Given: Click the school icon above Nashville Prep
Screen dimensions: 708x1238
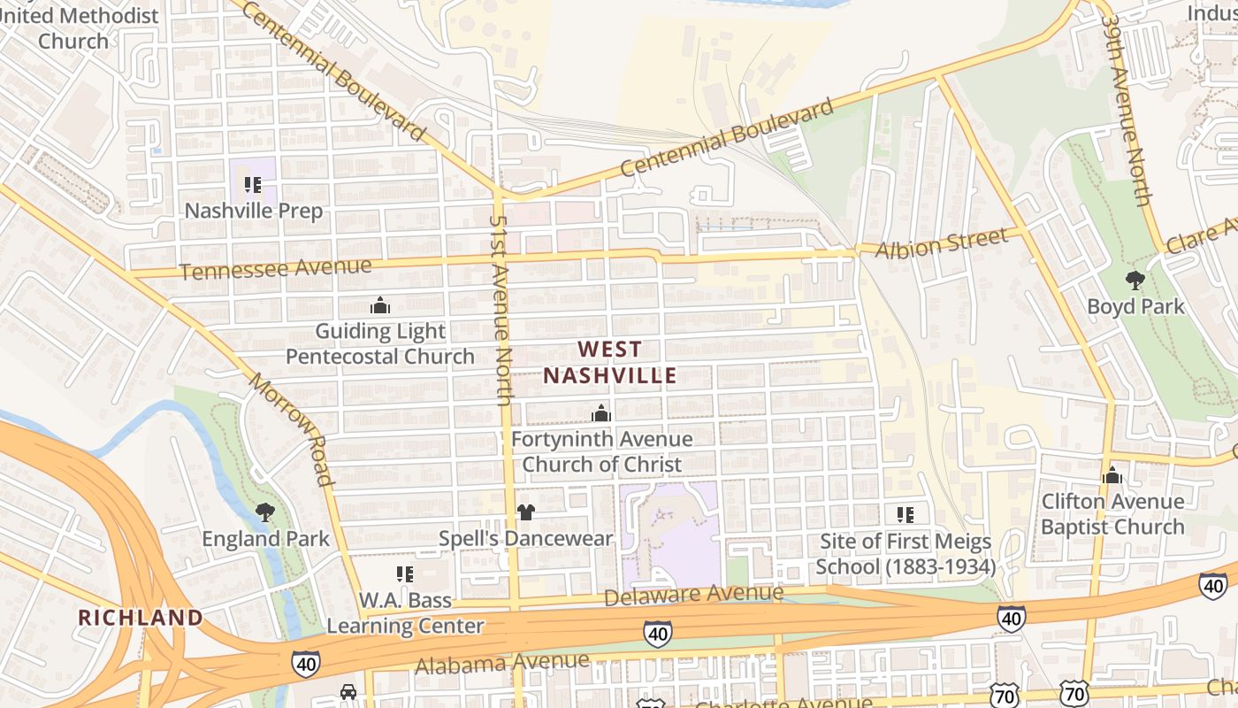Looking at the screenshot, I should (253, 185).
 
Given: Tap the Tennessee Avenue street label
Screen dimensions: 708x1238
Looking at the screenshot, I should (275, 268).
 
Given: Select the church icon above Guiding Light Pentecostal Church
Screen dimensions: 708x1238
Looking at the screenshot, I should (380, 306).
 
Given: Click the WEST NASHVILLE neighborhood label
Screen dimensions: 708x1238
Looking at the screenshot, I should (609, 362).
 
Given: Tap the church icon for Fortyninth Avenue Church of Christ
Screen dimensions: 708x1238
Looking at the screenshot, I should (601, 413).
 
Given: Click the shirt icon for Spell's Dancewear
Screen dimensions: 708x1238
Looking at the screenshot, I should (525, 512).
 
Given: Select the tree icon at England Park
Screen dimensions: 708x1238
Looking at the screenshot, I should (264, 512).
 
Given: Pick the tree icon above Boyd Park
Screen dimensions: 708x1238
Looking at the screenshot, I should (1135, 281).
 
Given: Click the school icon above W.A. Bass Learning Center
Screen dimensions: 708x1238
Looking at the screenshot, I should (405, 574).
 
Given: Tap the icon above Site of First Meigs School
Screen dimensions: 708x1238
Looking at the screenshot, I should (905, 514).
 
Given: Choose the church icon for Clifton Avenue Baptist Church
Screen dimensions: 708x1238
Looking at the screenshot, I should (1112, 475).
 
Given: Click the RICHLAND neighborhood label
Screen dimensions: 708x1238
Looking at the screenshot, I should (141, 617).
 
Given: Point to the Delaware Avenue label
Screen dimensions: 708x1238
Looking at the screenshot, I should (694, 595).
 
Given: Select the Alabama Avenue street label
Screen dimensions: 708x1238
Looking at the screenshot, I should (501, 662).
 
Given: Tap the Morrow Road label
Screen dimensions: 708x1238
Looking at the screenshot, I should (291, 430).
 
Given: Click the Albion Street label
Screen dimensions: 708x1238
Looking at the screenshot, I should (941, 242).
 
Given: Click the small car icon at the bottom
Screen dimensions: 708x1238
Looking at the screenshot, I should (348, 691).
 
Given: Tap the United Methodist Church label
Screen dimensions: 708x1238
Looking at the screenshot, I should (98, 27).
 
